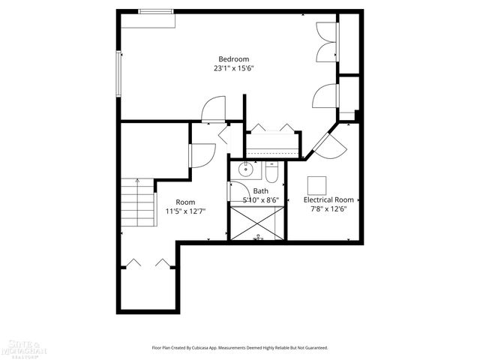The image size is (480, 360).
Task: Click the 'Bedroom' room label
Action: coord(233,59)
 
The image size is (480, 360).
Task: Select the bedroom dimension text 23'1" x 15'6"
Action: coord(233,68)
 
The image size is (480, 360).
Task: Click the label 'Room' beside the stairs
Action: coord(185,202)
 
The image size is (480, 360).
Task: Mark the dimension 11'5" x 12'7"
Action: coord(185,211)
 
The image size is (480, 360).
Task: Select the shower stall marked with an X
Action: coord(257,223)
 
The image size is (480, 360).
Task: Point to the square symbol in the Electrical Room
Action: coord(317,184)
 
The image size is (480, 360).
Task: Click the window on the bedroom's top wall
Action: coord(154,10)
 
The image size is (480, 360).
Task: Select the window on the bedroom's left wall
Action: coord(117,73)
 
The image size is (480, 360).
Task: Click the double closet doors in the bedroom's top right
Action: coord(327,42)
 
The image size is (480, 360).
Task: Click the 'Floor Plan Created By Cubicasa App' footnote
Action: coord(240,348)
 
